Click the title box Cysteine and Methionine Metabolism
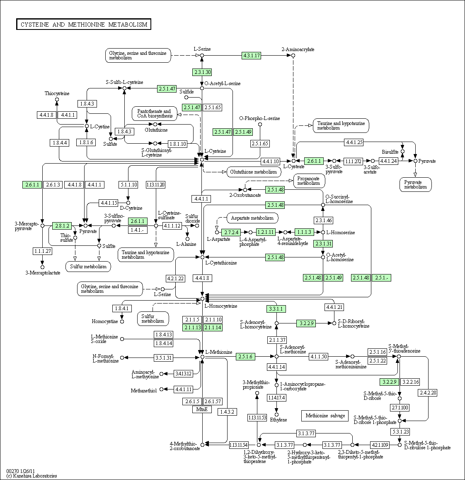point(84,24)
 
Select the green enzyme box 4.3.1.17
point(252,55)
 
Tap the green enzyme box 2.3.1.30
point(202,72)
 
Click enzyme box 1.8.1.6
point(86,142)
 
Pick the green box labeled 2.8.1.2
point(62,225)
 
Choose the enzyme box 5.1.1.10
point(128,184)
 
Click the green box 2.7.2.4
point(231,232)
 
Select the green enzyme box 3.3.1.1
point(276,309)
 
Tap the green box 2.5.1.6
point(245,356)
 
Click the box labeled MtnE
point(202,409)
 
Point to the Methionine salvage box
point(325,415)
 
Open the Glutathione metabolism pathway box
point(253,172)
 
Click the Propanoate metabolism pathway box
point(309,181)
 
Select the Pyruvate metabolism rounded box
point(415,185)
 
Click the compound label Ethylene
point(279,420)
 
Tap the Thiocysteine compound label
point(57,93)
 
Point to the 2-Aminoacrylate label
point(298,49)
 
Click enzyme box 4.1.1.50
point(318,356)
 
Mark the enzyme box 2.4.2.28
point(428,392)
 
